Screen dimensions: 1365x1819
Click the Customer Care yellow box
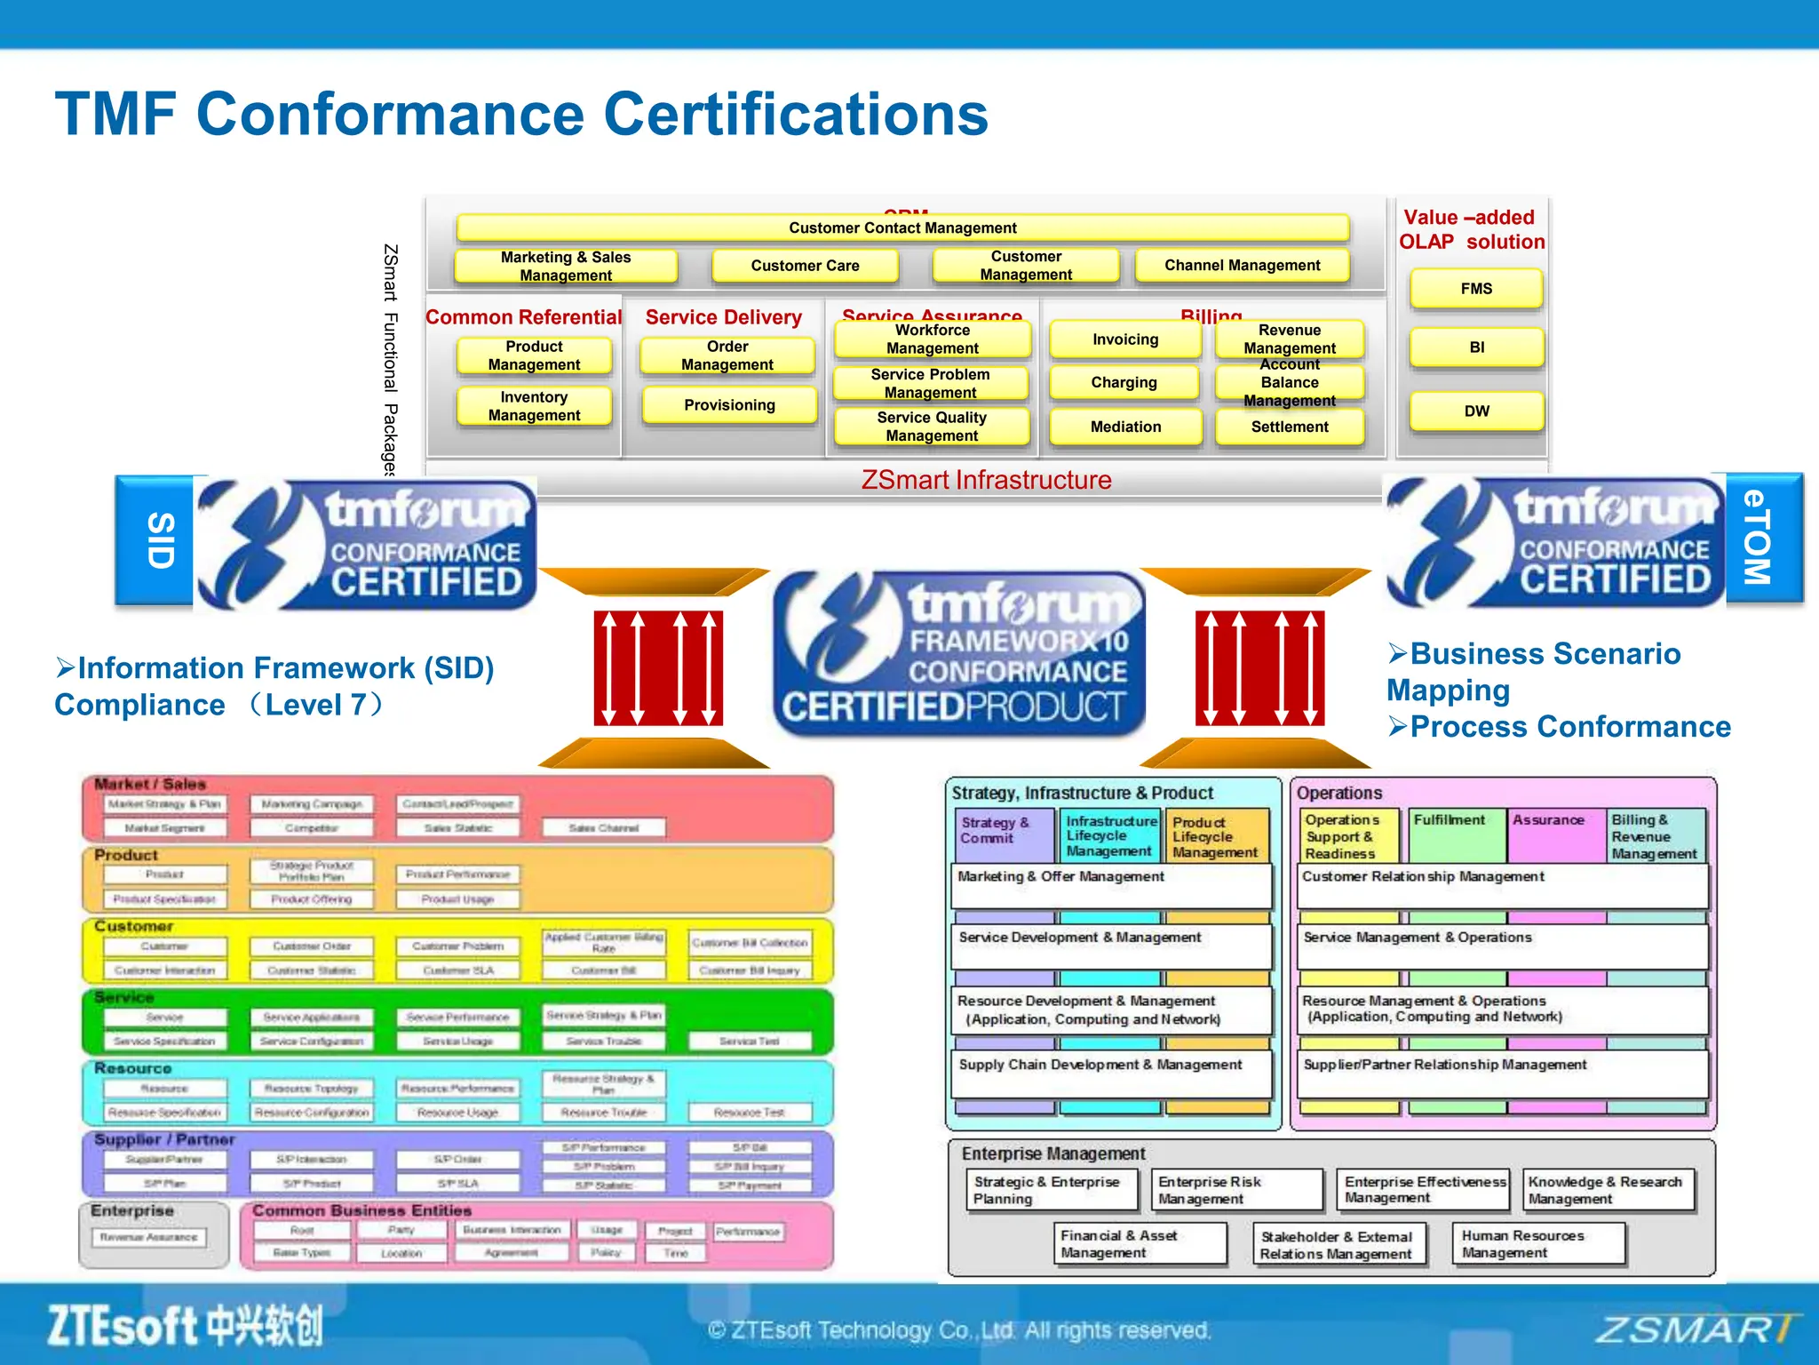(805, 266)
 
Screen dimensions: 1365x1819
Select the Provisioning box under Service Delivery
(729, 405)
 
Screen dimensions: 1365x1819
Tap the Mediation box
(1125, 427)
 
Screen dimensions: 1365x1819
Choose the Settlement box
(1290, 427)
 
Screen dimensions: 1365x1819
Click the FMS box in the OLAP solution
(1476, 289)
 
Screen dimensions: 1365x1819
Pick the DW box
(1476, 411)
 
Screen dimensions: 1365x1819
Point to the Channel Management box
(1242, 266)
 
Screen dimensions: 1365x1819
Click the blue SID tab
(156, 539)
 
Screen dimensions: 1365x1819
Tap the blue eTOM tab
(1762, 538)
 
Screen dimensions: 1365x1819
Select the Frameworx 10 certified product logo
(959, 653)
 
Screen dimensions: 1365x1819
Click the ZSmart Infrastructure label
(986, 480)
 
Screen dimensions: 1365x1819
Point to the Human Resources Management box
(1538, 1243)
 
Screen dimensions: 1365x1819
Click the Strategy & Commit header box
(1004, 832)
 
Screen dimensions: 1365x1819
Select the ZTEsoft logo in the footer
(185, 1326)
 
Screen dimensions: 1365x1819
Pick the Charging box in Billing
(1124, 383)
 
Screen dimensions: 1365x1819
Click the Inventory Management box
(534, 406)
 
